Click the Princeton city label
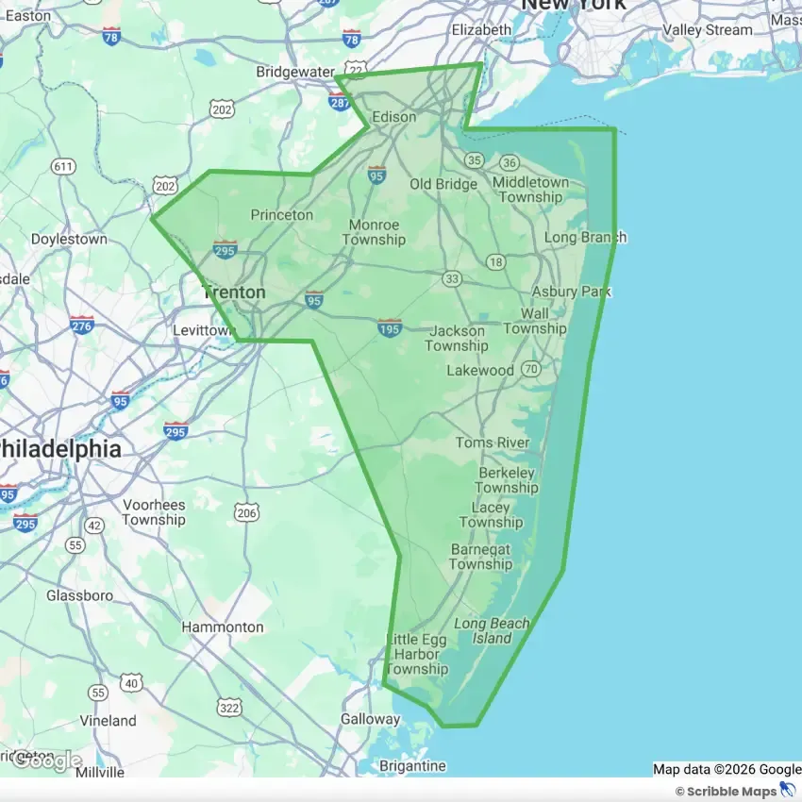point(281,215)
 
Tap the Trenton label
point(233,292)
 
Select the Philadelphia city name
point(60,449)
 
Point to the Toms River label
point(493,443)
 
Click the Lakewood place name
point(480,370)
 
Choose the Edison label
point(394,117)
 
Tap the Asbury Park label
point(571,292)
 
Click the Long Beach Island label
point(492,631)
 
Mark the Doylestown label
point(69,240)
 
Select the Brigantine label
point(411,766)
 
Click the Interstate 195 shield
point(390,327)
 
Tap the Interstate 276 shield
point(82,325)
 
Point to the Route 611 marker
point(63,167)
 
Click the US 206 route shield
point(246,513)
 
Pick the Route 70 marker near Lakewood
point(531,368)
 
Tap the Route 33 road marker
point(453,278)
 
